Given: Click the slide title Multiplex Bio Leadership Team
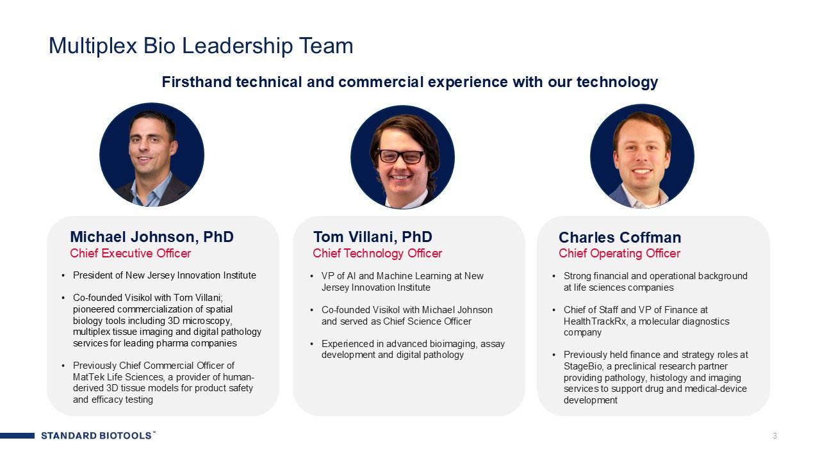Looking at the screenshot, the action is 201,46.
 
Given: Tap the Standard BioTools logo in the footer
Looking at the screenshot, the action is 98,435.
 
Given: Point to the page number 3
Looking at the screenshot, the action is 775,436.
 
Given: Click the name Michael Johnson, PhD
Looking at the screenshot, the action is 152,237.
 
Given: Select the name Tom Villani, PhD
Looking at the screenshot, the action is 373,237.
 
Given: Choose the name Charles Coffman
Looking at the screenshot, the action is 619,238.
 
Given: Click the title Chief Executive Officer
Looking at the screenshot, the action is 130,253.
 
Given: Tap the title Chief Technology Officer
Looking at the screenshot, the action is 377,253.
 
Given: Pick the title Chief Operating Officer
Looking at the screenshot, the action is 619,253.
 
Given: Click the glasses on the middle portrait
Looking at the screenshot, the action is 402,157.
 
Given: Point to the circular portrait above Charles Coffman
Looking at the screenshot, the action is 642,156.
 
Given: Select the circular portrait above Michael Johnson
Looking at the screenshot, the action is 152,155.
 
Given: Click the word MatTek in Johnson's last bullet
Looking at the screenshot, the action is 88,377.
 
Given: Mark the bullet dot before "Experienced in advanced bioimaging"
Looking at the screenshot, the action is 311,344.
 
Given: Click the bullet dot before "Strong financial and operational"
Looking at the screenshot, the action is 554,276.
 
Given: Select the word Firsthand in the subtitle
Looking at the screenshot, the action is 197,82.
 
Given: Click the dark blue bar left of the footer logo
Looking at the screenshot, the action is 17,435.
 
